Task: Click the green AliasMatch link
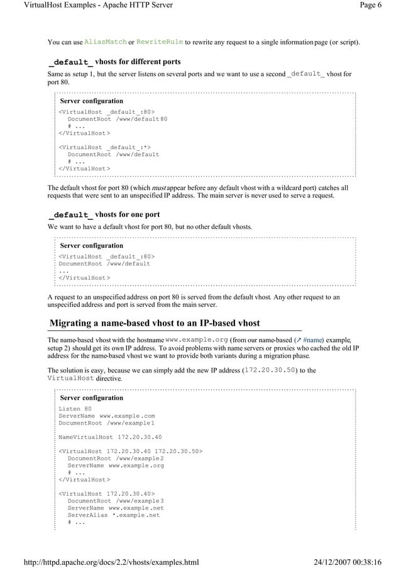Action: [x=106, y=42]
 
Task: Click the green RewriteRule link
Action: [x=160, y=42]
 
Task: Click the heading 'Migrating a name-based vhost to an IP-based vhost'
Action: [x=155, y=323]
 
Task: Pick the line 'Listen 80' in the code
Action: [x=75, y=409]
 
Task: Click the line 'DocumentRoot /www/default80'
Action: [x=118, y=119]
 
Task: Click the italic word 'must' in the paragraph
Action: [x=158, y=188]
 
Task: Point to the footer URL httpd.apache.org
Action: [x=102, y=562]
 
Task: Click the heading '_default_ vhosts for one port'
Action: [x=104, y=214]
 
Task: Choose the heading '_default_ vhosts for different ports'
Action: [x=115, y=62]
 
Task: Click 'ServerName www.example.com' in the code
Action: [x=107, y=416]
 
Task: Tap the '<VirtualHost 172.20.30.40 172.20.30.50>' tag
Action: [x=131, y=451]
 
